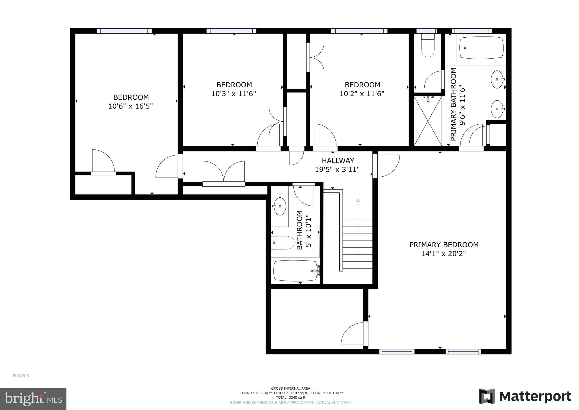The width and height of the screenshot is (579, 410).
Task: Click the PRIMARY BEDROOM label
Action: click(x=444, y=245)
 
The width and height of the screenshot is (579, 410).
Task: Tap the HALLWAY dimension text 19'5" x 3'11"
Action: click(x=337, y=169)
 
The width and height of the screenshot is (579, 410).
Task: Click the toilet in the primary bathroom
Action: click(x=427, y=46)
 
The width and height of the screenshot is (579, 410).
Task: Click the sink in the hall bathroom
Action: click(x=280, y=206)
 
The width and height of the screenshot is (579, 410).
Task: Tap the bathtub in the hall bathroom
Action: click(x=295, y=271)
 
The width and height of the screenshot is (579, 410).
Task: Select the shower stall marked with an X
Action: click(x=428, y=121)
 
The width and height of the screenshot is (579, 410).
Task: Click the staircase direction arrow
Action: click(x=358, y=232)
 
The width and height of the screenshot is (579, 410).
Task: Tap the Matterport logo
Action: click(x=525, y=396)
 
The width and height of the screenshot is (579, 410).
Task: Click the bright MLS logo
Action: click(x=33, y=399)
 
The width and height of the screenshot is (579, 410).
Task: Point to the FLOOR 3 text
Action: click(x=21, y=376)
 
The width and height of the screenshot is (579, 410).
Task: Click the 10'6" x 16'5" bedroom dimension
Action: click(x=130, y=106)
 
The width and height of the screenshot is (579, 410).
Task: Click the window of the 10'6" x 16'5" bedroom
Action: click(x=124, y=31)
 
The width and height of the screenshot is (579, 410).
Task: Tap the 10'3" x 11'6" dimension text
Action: click(x=234, y=93)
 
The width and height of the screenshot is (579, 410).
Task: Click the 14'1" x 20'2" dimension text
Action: click(x=443, y=254)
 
